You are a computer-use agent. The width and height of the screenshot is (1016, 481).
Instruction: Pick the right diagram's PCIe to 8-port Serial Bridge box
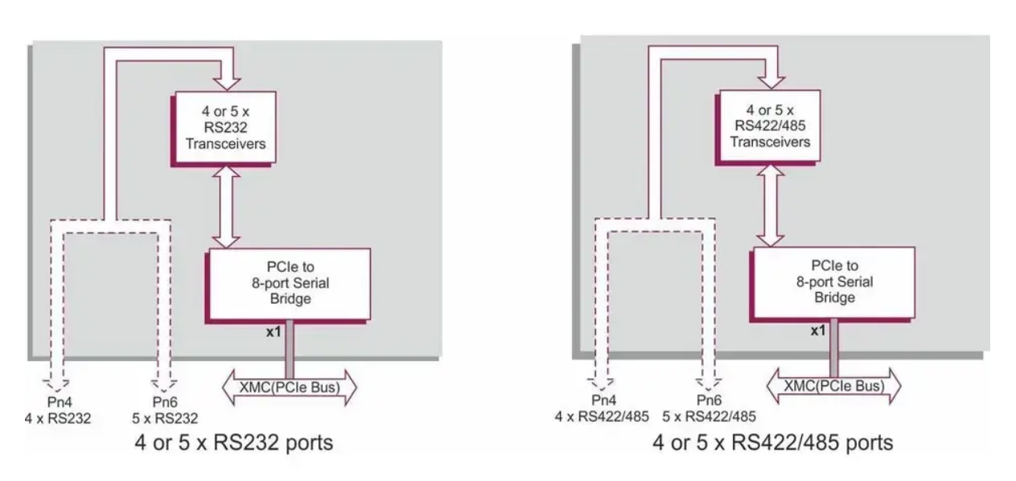click(833, 282)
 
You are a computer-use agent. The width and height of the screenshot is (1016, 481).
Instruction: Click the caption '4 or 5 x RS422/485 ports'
click(772, 442)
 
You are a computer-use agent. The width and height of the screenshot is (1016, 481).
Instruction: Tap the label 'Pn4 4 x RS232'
click(56, 410)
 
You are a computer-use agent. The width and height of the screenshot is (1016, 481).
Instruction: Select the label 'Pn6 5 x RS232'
click(164, 410)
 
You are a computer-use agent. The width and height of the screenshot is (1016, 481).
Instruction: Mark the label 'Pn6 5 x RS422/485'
click(707, 409)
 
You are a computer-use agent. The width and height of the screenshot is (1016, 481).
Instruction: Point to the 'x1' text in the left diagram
click(274, 331)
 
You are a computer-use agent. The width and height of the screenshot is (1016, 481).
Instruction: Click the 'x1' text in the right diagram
click(818, 330)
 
